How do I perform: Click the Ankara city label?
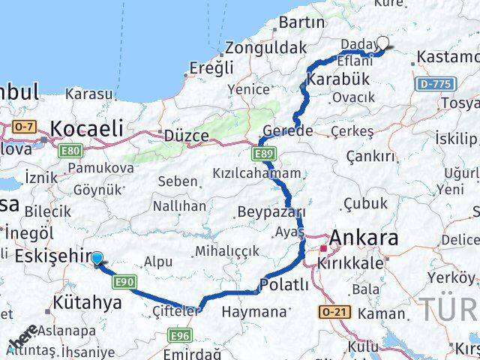(364, 239)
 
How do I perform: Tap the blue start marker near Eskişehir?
(97, 259)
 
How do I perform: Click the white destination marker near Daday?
(382, 43)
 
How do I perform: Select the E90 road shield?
(124, 282)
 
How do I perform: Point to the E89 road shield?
(263, 154)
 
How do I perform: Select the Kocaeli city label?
(85, 127)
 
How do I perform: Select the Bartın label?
(300, 23)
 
